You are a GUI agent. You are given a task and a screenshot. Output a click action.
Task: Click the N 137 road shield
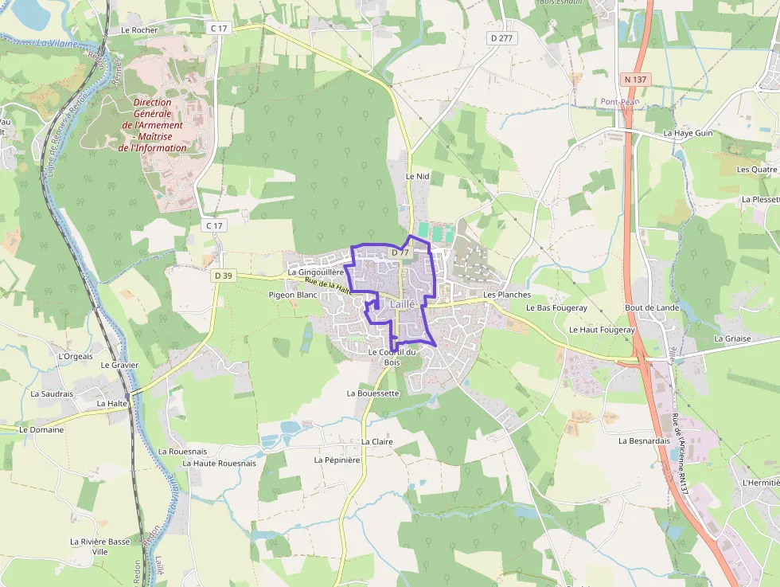coord(636,79)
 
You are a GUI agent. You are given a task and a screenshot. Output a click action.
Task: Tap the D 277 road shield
coord(501,37)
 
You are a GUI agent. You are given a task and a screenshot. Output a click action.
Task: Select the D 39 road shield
coord(223,276)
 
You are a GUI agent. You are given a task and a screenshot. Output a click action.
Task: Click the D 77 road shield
coord(400,252)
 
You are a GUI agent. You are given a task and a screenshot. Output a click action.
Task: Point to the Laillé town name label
coord(403,304)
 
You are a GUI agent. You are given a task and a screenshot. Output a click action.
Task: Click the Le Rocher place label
coord(139,30)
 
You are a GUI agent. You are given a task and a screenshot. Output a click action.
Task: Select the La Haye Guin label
coord(688,133)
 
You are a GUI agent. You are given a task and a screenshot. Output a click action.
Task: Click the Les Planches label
coord(507,295)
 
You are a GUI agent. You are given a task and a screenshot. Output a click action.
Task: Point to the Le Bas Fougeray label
coord(556,307)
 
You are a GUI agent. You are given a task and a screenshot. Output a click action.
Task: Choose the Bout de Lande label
coord(652,307)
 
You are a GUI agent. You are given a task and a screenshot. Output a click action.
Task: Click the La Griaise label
coord(732,338)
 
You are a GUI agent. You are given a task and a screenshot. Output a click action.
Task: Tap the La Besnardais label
coord(645,440)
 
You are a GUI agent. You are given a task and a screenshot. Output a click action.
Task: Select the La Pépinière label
coord(337,460)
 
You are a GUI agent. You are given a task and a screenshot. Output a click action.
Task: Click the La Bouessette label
coord(372,393)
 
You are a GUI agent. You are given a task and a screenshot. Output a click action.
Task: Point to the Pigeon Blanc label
coord(293,295)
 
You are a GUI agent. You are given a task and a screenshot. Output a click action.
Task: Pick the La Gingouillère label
coord(315,272)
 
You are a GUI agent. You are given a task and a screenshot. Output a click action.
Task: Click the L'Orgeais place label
coord(76,356)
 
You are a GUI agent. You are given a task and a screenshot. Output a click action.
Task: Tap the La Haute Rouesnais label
coord(220,463)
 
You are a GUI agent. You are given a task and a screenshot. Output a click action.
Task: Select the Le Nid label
coord(417,176)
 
